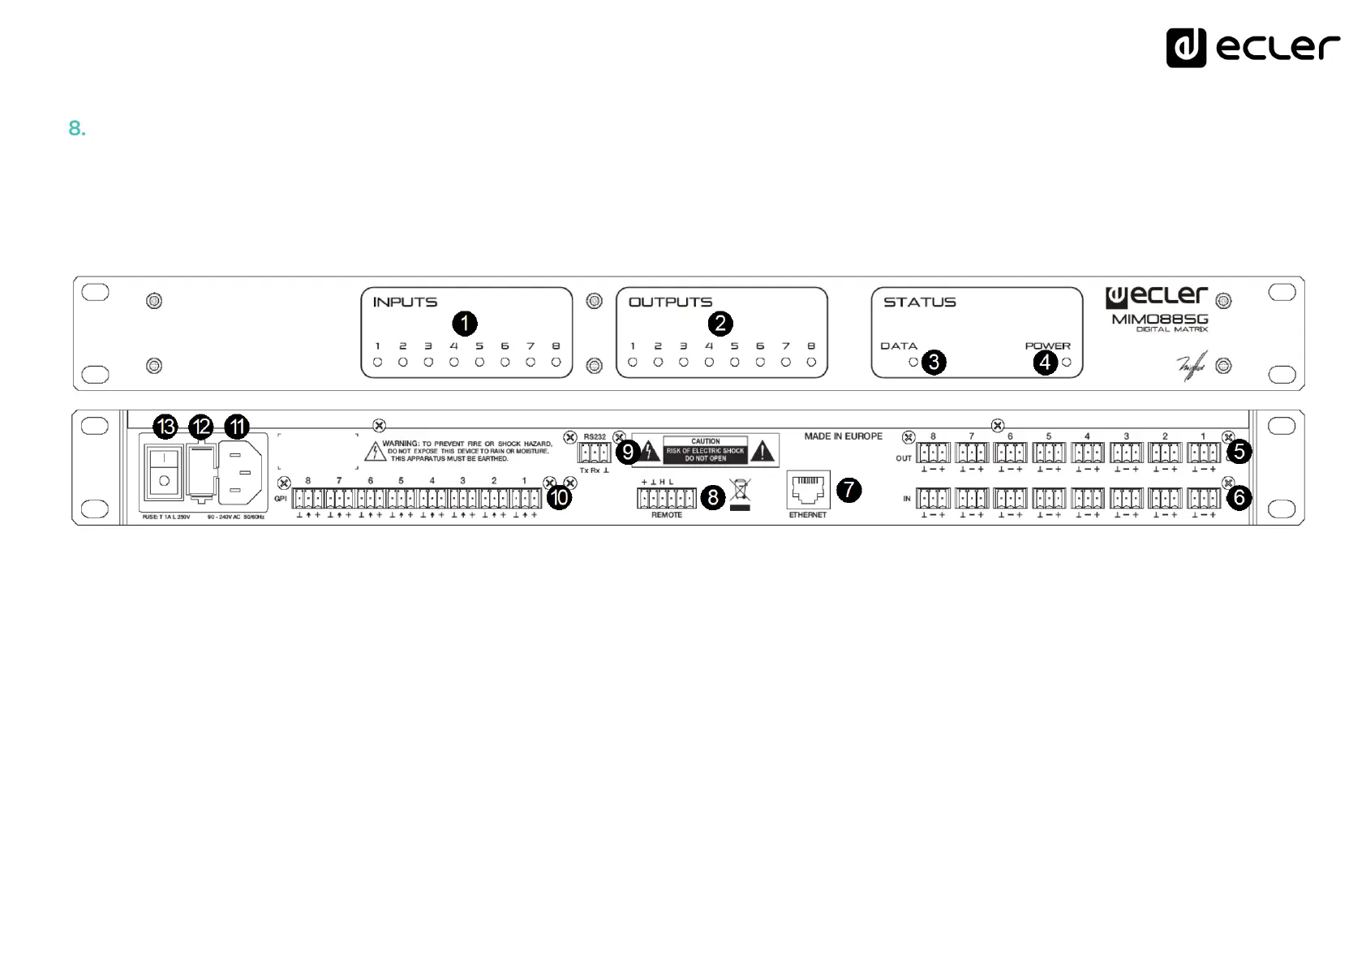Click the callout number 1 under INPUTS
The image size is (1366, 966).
point(464,324)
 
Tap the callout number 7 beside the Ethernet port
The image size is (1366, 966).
point(848,489)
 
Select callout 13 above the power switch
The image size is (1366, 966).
point(165,427)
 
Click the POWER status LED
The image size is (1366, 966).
point(1067,363)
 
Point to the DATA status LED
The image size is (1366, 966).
point(913,363)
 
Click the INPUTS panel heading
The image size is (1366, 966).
point(405,303)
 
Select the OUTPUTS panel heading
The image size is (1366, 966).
point(670,303)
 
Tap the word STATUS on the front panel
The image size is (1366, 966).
point(919,303)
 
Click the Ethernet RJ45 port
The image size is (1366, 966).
point(808,490)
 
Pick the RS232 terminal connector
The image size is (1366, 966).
point(595,453)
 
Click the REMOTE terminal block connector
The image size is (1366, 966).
point(666,497)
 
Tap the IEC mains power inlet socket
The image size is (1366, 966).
point(240,472)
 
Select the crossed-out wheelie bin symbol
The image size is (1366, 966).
point(740,490)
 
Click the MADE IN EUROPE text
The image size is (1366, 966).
point(843,436)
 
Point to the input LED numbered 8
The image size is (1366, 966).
point(556,363)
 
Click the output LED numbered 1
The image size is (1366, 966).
point(633,363)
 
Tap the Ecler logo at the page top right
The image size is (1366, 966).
point(1252,47)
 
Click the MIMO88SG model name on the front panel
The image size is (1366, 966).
point(1159,319)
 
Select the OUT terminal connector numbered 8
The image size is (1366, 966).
point(933,453)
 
